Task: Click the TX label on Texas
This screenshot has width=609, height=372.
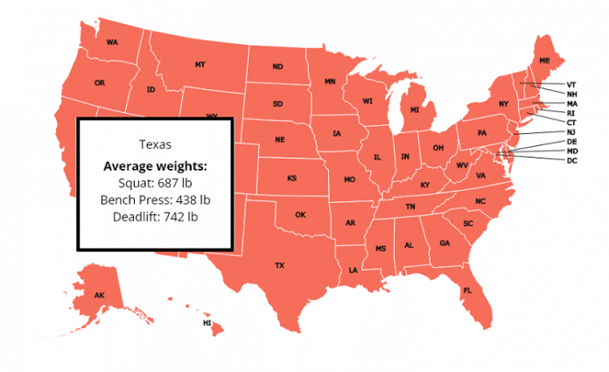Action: tap(280, 264)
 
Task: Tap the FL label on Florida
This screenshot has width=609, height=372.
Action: tap(467, 290)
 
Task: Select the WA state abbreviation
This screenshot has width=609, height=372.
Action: tap(112, 42)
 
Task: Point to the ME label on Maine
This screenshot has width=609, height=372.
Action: tap(544, 60)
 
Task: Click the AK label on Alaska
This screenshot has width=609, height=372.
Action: tap(100, 295)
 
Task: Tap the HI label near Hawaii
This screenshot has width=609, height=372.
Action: tap(207, 323)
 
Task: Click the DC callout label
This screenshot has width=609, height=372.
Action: tap(571, 160)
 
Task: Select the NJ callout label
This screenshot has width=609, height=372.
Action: tap(571, 131)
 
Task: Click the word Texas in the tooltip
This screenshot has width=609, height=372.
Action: tap(156, 144)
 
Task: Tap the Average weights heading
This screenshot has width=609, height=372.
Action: tap(156, 165)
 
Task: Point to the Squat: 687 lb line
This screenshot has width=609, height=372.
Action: tap(156, 183)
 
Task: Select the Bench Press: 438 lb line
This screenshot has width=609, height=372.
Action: tap(156, 200)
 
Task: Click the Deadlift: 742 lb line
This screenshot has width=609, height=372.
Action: tap(156, 216)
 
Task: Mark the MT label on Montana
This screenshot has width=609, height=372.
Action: tap(200, 65)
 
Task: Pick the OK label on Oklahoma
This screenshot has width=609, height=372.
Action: tap(300, 214)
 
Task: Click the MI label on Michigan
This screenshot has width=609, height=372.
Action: tap(416, 110)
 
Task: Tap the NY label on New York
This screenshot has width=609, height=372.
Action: tap(503, 104)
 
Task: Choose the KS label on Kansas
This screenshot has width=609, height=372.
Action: tap(292, 178)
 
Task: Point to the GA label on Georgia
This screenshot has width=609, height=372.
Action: tap(444, 242)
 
